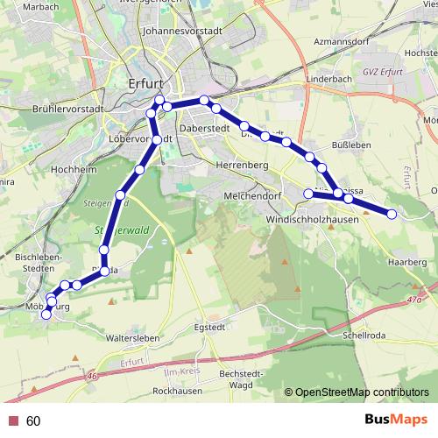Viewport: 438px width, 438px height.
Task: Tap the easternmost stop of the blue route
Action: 392,214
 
